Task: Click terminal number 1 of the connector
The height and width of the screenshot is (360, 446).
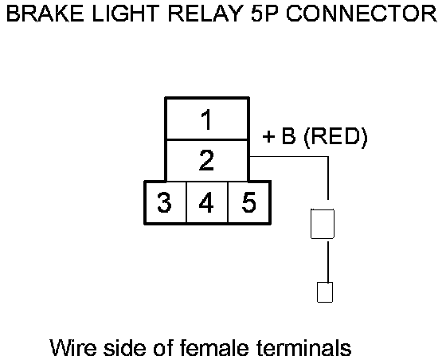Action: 207,119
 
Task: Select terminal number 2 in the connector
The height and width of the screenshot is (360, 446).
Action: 207,161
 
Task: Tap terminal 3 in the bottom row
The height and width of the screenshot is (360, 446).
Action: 166,202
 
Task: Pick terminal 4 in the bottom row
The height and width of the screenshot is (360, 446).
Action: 207,202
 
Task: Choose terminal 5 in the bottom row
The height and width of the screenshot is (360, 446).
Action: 248,202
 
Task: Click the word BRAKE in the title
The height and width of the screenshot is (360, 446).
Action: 45,14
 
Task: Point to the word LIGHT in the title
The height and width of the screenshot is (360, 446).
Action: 126,14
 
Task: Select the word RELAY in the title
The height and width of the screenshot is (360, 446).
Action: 205,14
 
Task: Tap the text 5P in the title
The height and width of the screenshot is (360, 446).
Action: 264,14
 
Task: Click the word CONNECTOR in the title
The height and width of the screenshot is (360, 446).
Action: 362,14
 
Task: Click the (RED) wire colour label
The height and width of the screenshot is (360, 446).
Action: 335,137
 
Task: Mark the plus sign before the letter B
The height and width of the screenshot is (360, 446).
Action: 268,137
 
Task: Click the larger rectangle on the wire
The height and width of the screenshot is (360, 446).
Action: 323,224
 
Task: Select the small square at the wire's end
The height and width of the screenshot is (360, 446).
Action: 325,292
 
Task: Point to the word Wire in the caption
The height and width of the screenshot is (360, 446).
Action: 73,347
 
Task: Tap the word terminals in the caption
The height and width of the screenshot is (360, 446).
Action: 303,347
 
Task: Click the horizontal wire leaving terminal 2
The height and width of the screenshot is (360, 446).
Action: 289,156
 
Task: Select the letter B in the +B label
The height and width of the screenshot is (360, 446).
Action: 288,136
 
